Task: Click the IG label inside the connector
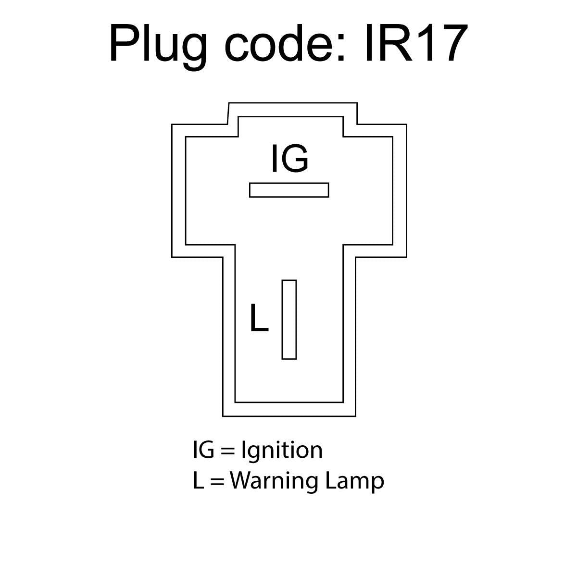pos(289,158)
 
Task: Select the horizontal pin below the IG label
pos(289,190)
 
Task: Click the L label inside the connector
pos(259,318)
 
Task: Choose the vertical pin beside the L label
pos(289,319)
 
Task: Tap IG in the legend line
pos(203,450)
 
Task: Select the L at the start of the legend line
pos(197,480)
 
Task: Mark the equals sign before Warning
pos(217,481)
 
